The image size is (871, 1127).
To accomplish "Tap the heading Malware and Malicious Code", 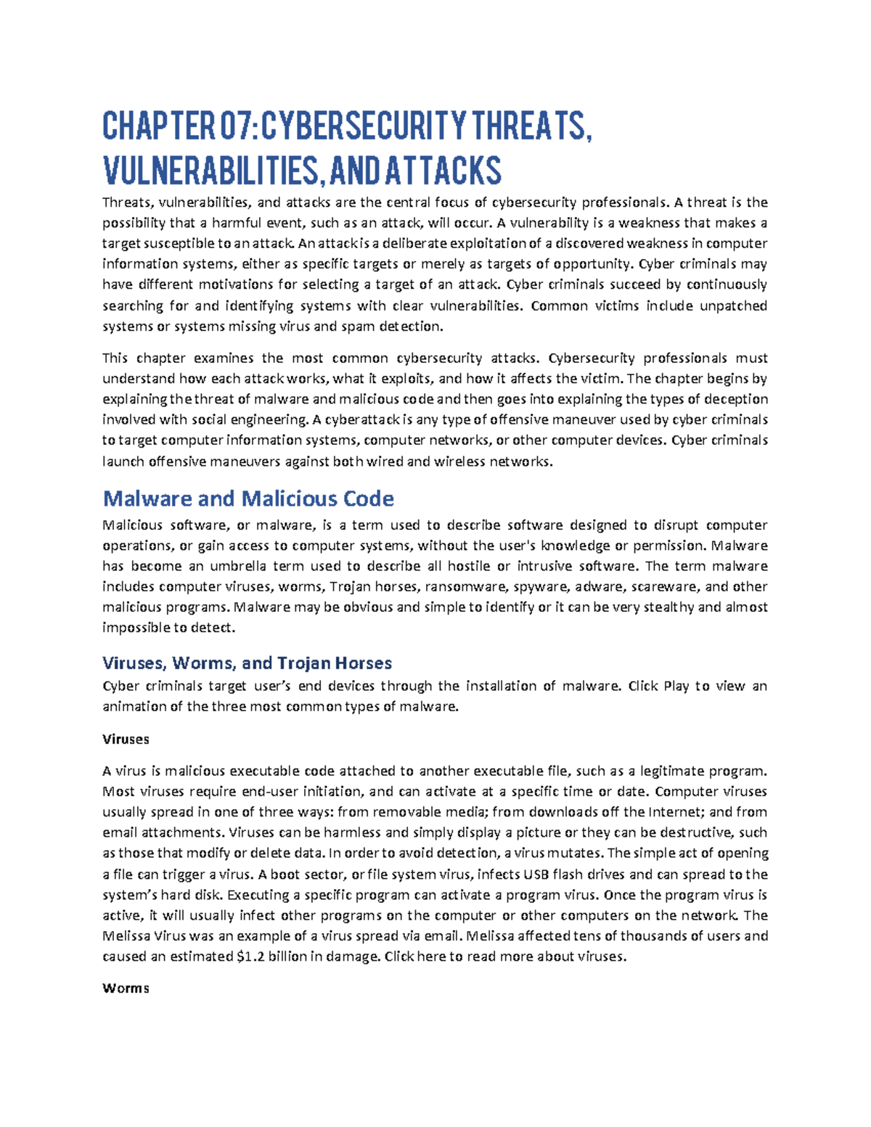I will tap(248, 499).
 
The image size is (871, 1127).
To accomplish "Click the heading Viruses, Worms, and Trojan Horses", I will tap(247, 663).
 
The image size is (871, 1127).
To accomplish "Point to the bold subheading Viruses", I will tap(126, 739).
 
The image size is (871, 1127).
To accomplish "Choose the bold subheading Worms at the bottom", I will tap(126, 988).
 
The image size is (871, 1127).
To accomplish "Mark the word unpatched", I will tap(733, 306).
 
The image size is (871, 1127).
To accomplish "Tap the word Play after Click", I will tap(676, 686).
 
